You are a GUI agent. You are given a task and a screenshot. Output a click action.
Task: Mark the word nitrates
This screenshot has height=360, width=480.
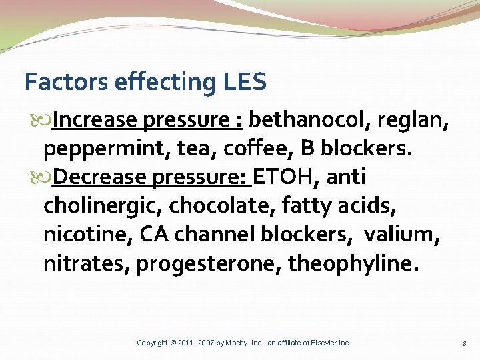[86, 263]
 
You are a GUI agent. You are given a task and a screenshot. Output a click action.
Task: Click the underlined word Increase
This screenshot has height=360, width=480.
[94, 120]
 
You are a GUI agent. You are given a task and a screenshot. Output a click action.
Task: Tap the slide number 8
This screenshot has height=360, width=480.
[464, 343]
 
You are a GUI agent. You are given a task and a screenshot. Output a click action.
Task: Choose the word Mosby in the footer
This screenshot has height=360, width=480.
[234, 343]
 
